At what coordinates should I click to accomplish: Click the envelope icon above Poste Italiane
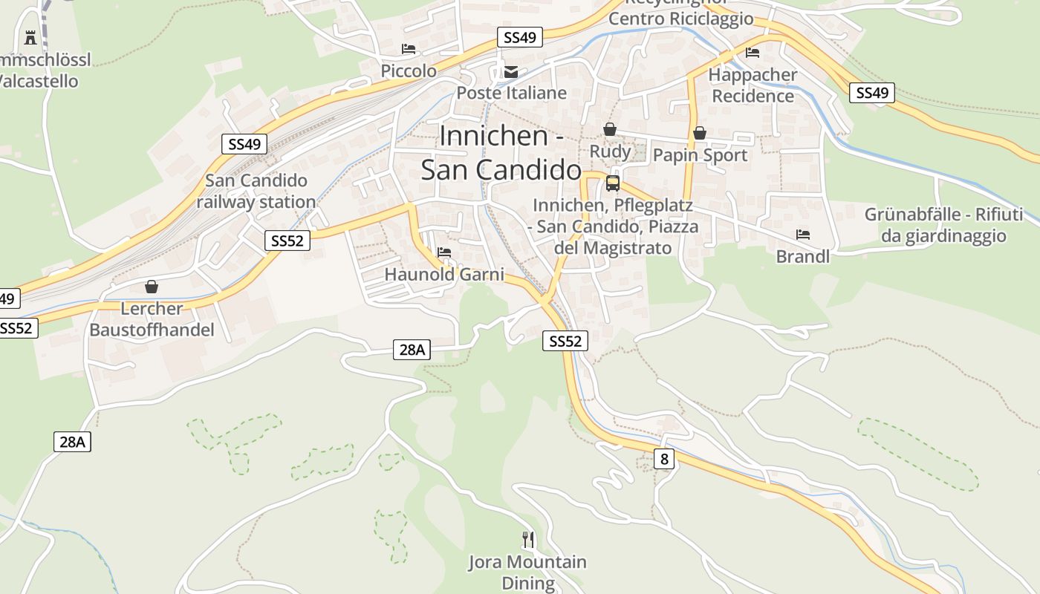coord(511,72)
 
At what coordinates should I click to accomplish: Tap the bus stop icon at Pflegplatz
coord(613,183)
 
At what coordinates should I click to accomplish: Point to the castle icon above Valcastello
coord(30,37)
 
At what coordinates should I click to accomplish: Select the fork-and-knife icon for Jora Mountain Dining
coord(528,539)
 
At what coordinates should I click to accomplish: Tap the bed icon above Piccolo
coord(409,49)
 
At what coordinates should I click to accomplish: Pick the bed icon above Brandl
coord(803,235)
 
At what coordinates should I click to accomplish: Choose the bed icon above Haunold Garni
coord(444,252)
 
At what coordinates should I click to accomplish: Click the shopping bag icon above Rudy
coord(610,129)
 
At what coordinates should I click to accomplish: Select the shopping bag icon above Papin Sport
coord(700,133)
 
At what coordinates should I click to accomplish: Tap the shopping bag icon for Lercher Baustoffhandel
coord(152,287)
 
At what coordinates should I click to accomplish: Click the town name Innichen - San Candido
coord(501,153)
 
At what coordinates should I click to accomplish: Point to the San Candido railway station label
coord(256,191)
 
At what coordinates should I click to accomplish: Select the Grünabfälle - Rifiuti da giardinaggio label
coord(943,226)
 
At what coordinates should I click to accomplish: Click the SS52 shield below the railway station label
coord(287,241)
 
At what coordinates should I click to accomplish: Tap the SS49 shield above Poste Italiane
coord(520,37)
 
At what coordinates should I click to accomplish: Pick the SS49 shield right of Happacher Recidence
coord(872,93)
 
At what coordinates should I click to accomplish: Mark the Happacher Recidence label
coord(753,85)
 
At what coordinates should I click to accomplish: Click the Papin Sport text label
coord(700,155)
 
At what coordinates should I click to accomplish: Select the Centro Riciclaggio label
coord(681,19)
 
